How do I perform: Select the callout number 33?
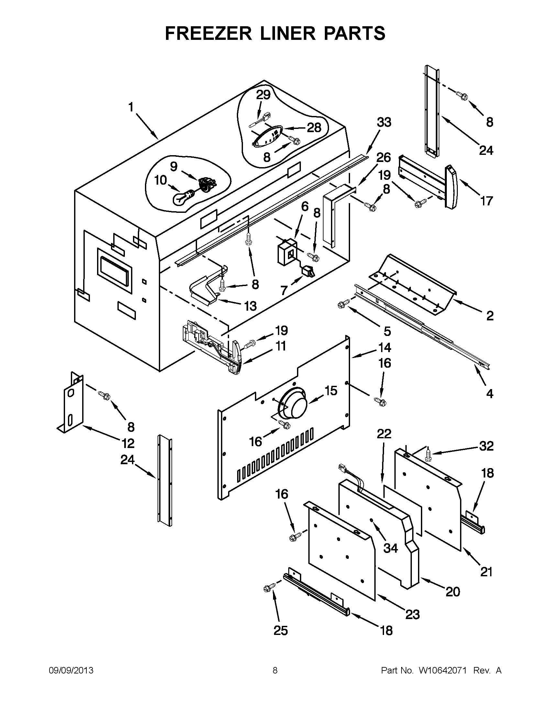pyautogui.click(x=384, y=122)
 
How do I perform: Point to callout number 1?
pyautogui.click(x=131, y=107)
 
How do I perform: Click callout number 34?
pyautogui.click(x=390, y=548)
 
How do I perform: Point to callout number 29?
pyautogui.click(x=263, y=95)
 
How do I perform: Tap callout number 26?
pyautogui.click(x=384, y=157)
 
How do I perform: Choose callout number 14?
pyautogui.click(x=384, y=348)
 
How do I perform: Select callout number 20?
pyautogui.click(x=453, y=591)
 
